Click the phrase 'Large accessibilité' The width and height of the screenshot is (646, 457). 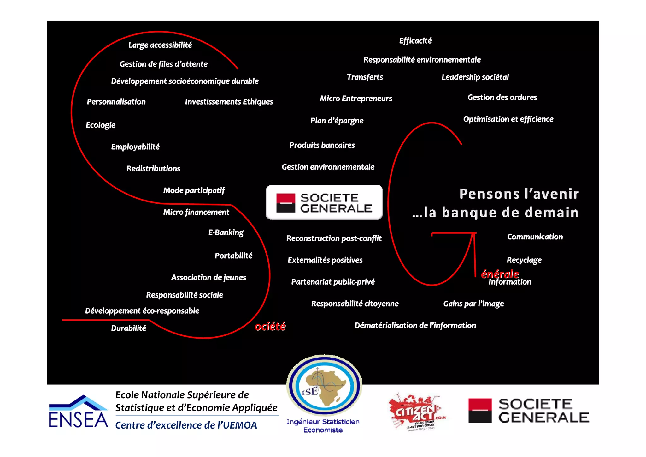[x=160, y=45]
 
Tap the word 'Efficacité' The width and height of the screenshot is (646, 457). [x=415, y=41]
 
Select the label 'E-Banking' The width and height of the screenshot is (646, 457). [x=226, y=232]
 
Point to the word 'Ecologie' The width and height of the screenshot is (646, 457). [x=101, y=125]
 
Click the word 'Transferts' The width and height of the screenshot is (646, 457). [x=365, y=77]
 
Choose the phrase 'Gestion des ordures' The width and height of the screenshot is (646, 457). [x=502, y=97]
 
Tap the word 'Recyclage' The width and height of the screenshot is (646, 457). [x=524, y=260]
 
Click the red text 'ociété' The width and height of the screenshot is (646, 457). [x=270, y=326]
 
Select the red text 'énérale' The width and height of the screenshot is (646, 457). [x=500, y=274]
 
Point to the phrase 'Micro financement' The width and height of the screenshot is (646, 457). [x=196, y=212]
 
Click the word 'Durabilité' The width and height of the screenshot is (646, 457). [x=128, y=328]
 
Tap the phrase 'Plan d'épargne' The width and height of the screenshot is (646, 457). [x=337, y=121]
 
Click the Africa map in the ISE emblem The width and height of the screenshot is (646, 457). [x=328, y=387]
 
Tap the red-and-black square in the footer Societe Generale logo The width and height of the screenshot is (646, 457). [x=480, y=410]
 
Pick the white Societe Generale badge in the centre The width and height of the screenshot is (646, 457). [x=324, y=202]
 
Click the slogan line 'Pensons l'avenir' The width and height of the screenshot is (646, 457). [x=519, y=194]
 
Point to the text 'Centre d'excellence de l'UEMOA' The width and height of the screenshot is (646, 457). [x=186, y=425]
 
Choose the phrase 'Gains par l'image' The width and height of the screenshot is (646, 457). [x=473, y=304]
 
